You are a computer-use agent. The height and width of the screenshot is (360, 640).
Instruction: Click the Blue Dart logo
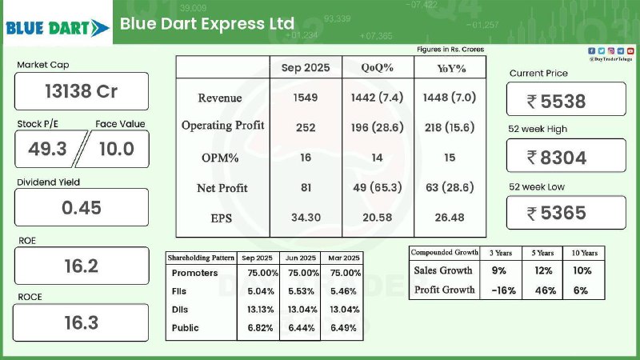[57, 28]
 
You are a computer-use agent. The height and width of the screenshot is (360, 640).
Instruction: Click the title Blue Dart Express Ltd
[207, 24]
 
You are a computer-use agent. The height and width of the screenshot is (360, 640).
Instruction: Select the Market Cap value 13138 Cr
[81, 91]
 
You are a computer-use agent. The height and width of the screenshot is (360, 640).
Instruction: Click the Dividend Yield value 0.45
[81, 207]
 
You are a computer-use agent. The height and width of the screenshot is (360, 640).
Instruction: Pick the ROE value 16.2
[81, 266]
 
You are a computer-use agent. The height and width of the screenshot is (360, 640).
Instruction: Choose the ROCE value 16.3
[81, 322]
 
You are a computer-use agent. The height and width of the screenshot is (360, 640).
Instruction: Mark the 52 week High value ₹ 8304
[566, 157]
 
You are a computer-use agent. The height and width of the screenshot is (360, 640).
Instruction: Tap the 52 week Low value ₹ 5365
[566, 212]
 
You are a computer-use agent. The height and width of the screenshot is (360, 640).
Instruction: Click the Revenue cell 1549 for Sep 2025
[306, 98]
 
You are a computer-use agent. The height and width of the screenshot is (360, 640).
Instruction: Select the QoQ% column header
[378, 68]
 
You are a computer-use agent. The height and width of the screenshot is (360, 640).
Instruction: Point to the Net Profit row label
[222, 188]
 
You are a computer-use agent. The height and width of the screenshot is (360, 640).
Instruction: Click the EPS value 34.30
[306, 218]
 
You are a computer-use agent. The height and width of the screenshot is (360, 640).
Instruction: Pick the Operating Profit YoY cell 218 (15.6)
[450, 126]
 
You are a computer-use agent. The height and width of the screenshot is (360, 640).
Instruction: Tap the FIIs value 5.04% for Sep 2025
[258, 292]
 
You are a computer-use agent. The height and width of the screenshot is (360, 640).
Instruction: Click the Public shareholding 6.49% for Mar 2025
[343, 327]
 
